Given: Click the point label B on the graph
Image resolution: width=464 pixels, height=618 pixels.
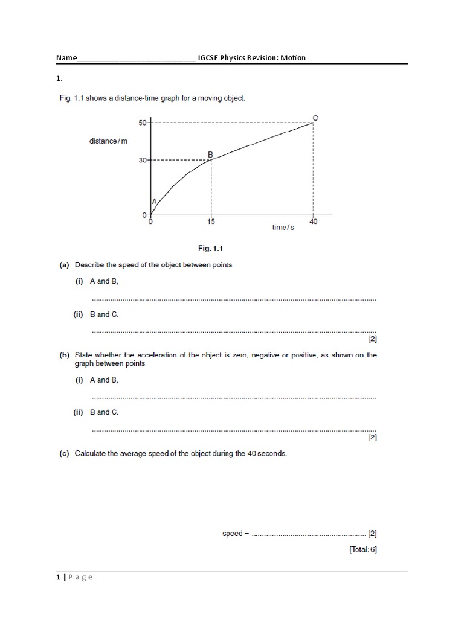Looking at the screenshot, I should [x=210, y=154].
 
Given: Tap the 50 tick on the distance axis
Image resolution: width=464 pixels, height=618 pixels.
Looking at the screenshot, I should [x=143, y=123].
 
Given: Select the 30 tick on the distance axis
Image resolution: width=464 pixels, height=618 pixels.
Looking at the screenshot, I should [x=143, y=160].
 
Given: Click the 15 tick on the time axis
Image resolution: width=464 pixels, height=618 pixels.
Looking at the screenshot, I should [x=211, y=222].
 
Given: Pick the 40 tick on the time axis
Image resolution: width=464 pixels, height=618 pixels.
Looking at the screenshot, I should [x=313, y=222].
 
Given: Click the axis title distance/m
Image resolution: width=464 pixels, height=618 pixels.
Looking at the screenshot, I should [x=109, y=141].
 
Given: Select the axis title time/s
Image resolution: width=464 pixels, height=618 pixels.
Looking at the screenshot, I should [x=283, y=227].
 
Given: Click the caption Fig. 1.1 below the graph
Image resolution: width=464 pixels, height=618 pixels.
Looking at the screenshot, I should [x=211, y=248].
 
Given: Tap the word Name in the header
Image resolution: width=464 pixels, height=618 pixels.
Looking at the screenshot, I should [x=66, y=58].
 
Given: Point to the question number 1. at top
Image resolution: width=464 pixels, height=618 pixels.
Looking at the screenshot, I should [x=59, y=78].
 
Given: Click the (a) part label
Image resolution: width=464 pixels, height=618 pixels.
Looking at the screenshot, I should [x=63, y=264].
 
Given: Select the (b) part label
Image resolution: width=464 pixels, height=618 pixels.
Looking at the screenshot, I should [x=63, y=355].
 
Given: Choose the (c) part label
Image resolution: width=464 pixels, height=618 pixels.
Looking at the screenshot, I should [x=63, y=453].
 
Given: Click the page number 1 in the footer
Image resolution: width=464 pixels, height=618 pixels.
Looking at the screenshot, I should [x=58, y=577].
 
